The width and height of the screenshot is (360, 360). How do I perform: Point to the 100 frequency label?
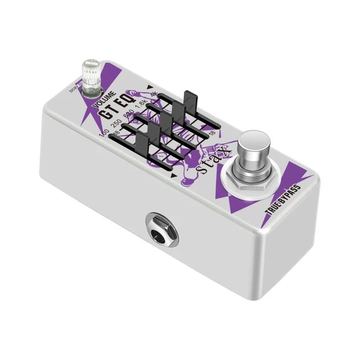coord(103,133)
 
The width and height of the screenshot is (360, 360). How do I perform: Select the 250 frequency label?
coord(116,127)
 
